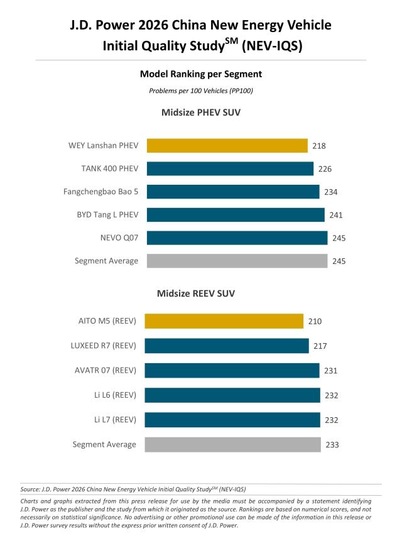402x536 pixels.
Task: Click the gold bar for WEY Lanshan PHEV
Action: [x=227, y=146]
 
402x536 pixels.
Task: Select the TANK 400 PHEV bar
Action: [x=230, y=169]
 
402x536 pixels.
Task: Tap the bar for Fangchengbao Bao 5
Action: [x=233, y=192]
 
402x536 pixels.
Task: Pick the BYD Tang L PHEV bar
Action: [x=236, y=215]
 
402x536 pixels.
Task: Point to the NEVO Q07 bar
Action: [x=237, y=238]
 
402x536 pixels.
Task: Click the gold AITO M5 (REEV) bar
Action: [x=224, y=321]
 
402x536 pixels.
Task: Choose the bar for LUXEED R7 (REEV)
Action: [x=226, y=346]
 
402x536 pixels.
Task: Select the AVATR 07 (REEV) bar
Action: [x=232, y=371]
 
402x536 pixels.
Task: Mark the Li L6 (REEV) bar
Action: [x=232, y=395]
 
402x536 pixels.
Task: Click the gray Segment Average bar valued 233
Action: [x=232, y=444]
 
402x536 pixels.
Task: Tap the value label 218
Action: [x=318, y=146]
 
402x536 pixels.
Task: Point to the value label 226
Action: [x=325, y=169]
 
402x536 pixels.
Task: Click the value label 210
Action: [x=315, y=322]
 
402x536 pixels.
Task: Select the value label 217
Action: [x=320, y=346]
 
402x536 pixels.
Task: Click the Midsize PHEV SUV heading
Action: [x=201, y=113]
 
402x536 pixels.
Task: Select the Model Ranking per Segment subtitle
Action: [x=201, y=74]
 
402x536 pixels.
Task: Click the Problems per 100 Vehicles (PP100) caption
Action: [x=201, y=91]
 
